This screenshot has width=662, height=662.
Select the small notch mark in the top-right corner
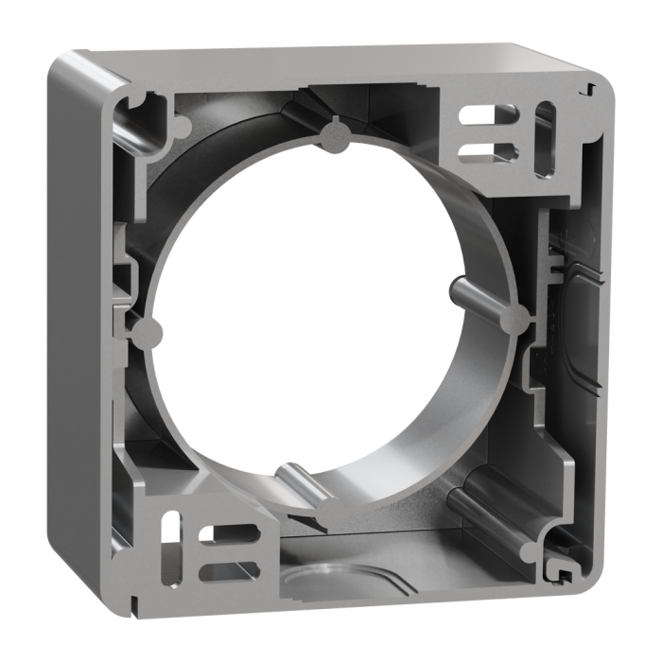589,87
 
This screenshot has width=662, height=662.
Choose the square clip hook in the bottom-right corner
564,575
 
